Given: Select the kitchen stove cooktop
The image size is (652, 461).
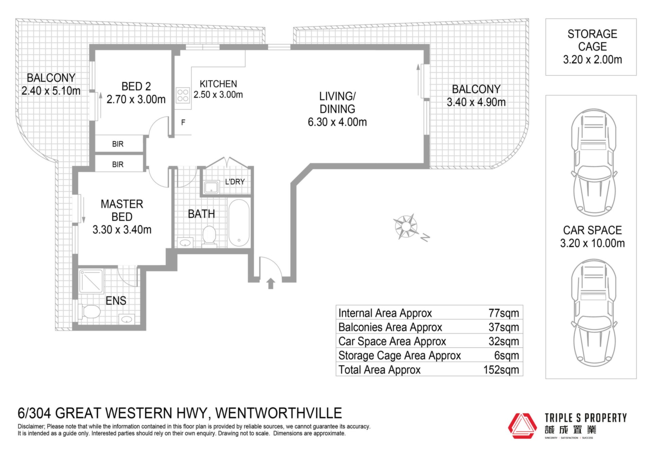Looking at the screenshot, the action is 183,95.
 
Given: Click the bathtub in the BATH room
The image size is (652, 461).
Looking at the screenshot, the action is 239,222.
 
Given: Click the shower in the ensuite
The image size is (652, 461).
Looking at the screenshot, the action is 91,281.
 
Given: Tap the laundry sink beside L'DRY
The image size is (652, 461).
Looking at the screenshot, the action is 211,187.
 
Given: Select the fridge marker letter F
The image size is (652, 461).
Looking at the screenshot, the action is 183,122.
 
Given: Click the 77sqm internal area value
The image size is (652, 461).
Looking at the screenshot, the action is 504,313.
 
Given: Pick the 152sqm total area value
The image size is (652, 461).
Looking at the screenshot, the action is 501,370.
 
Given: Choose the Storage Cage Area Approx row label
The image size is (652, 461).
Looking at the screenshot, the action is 399,355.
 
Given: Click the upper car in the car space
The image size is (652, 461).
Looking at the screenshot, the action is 594,162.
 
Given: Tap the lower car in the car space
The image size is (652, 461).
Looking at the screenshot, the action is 594,313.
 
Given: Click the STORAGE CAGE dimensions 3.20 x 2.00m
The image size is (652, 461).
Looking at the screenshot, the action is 592,59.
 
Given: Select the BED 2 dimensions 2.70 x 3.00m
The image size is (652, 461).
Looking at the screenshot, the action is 136,99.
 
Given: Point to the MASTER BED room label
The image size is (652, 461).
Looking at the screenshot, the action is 122,210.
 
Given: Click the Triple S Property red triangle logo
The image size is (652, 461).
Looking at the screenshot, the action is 522,426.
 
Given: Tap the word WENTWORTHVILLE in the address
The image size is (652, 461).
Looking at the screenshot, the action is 278,413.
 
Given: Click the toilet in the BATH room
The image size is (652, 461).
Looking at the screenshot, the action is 209,235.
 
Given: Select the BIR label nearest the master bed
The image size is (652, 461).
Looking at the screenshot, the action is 118,164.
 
